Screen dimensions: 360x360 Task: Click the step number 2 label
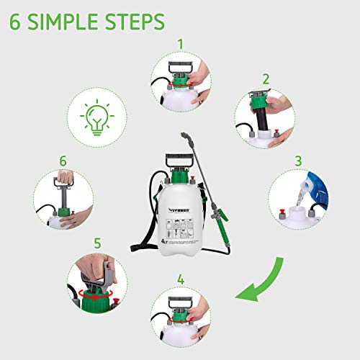click(265, 79)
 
